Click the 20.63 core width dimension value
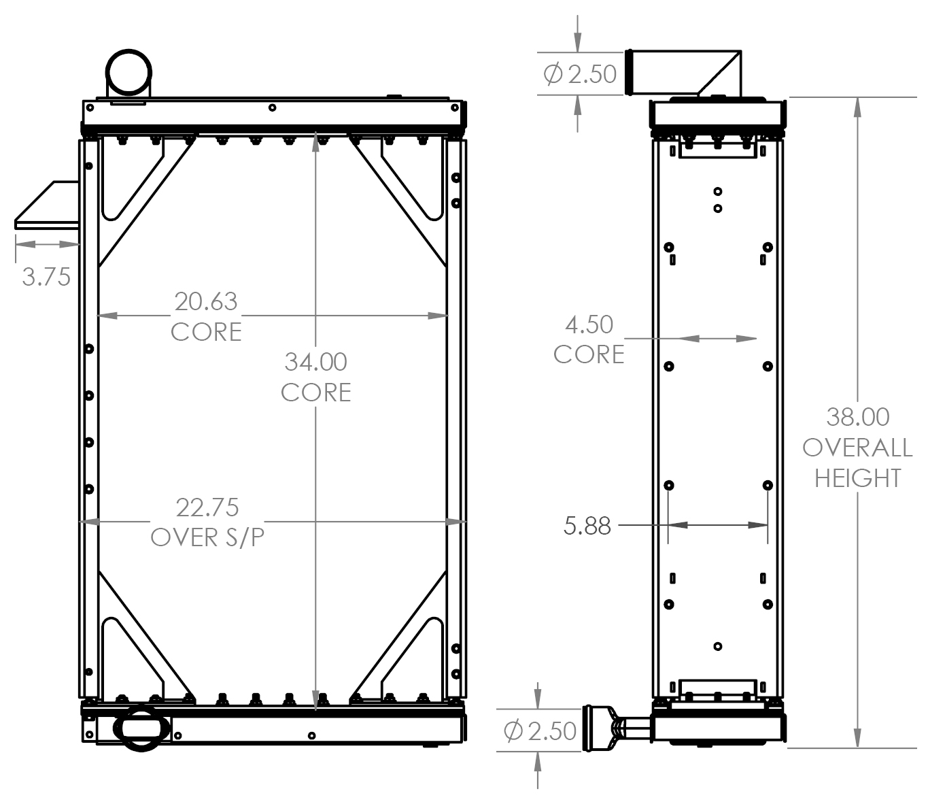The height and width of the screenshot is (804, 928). (x=206, y=301)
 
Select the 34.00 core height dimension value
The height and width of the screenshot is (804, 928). (x=315, y=362)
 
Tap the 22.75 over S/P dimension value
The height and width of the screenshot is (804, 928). (x=207, y=507)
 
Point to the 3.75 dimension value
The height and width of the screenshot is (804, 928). (x=46, y=277)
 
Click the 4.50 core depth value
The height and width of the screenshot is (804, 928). (x=589, y=324)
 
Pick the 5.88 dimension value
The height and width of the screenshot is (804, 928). (x=587, y=526)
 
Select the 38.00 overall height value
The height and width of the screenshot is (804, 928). (x=857, y=416)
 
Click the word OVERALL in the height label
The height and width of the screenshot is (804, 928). (x=857, y=448)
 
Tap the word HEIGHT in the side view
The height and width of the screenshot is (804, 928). (x=857, y=478)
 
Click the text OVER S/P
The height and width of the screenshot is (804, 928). (x=207, y=537)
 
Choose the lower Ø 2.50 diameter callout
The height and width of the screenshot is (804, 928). (x=540, y=731)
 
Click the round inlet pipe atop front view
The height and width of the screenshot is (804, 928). (x=128, y=73)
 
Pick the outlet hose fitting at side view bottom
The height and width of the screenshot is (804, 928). (x=612, y=728)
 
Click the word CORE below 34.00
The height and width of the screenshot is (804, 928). (x=315, y=392)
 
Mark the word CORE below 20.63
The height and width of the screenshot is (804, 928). (x=206, y=332)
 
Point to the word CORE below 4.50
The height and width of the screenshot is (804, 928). (x=589, y=354)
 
